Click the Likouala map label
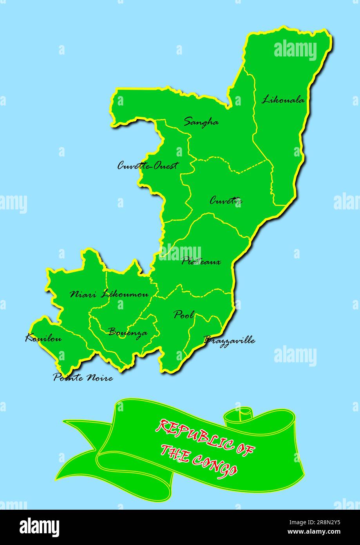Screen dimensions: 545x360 (283, 100)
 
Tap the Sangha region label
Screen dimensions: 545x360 (201, 122)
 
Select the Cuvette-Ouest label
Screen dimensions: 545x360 (148, 166)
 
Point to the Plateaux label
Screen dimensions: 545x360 (201, 262)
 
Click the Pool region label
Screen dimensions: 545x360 (184, 314)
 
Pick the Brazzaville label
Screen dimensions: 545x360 (229, 340)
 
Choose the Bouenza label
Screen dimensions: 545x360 (128, 332)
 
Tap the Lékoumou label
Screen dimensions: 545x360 (125, 294)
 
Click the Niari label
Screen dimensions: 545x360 (83, 294)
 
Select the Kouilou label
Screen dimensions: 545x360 (43, 338)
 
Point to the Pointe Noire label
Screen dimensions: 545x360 (83, 378)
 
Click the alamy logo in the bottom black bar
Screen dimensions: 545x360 (39, 527)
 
